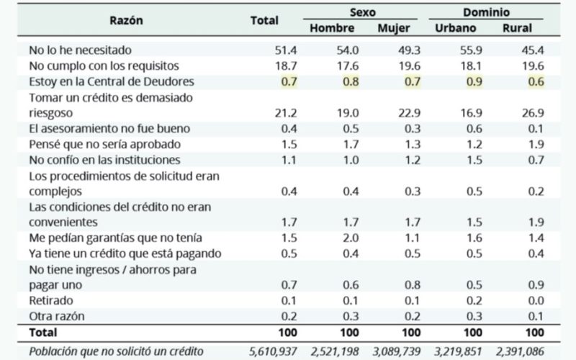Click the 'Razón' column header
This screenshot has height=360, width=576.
pyautogui.click(x=126, y=20)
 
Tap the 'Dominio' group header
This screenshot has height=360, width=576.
pyautogui.click(x=487, y=13)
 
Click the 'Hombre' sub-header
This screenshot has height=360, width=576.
pyautogui.click(x=332, y=28)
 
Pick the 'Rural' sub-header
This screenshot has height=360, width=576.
pyautogui.click(x=518, y=28)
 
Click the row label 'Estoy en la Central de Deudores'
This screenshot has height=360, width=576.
pyautogui.click(x=112, y=81)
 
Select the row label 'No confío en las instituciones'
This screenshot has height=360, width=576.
pyautogui.click(x=104, y=160)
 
